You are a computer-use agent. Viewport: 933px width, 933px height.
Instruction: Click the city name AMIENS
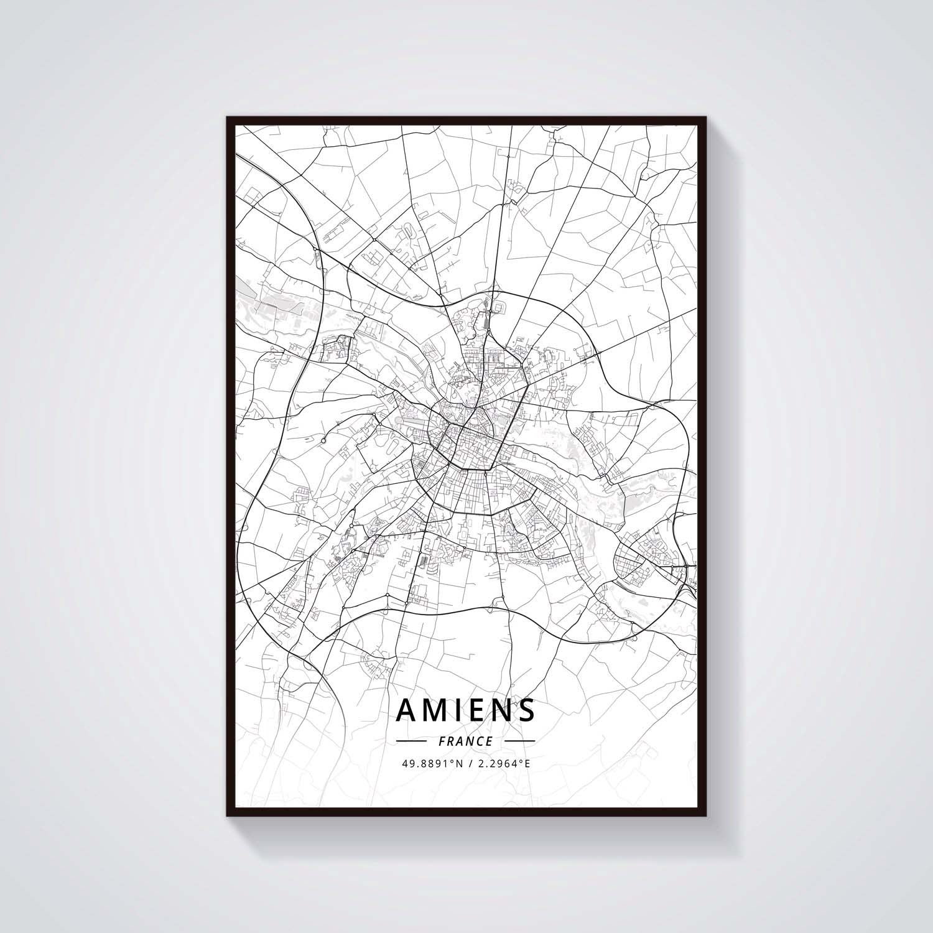tap(465, 710)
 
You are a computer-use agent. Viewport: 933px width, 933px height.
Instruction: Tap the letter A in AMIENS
tap(408, 710)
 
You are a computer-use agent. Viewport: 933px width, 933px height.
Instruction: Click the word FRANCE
tap(466, 741)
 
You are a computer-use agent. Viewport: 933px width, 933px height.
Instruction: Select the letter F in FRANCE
tap(442, 741)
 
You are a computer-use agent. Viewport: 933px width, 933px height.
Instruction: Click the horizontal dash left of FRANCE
tap(411, 741)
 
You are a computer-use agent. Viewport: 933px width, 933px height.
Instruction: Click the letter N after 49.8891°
tap(460, 763)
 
